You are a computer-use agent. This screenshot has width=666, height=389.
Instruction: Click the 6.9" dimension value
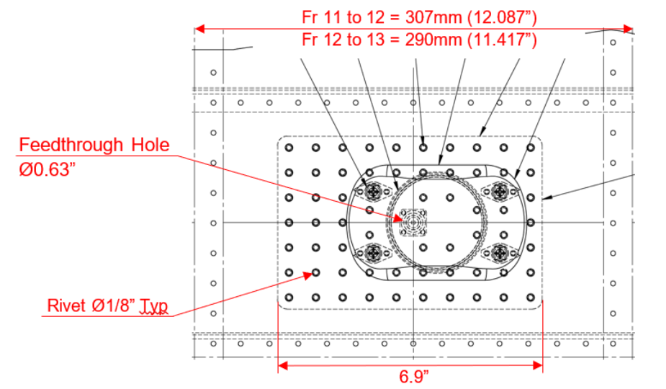coord(414,377)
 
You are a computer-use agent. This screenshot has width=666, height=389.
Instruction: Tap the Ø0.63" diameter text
coord(47,169)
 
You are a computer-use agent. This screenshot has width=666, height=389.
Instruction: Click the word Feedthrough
coord(71,145)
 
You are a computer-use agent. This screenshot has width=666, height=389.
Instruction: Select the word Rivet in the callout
coord(66,305)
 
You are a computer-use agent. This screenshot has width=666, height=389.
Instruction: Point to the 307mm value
coord(433,17)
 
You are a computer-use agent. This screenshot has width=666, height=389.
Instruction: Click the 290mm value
coord(433,40)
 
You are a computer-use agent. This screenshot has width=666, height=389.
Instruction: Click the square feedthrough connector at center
coord(413,223)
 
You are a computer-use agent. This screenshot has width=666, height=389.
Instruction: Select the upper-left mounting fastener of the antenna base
coord(373,192)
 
